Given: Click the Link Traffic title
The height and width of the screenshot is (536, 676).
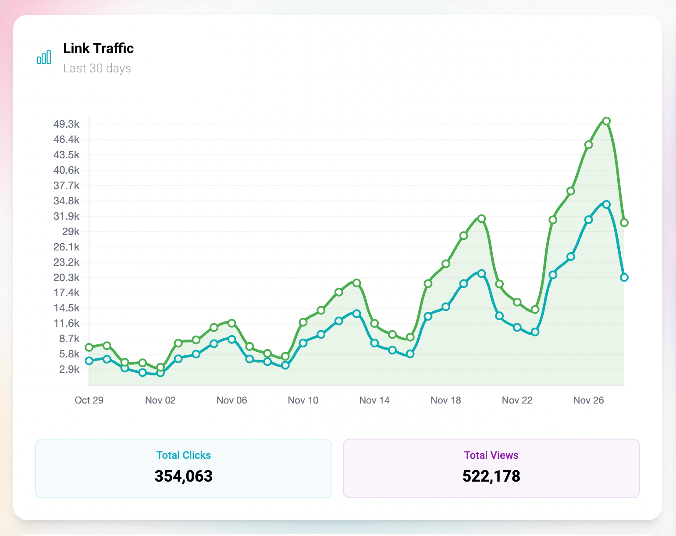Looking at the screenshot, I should [98, 48].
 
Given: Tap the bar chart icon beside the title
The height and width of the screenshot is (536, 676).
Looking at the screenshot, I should [44, 57].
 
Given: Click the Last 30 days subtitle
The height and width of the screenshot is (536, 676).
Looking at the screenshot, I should [97, 68].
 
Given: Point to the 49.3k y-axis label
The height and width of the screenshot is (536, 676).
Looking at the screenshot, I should [67, 124].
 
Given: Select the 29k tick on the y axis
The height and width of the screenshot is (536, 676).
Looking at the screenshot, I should [71, 232].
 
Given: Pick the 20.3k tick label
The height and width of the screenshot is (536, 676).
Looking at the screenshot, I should [67, 278].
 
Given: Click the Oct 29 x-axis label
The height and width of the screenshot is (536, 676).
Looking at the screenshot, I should [89, 400].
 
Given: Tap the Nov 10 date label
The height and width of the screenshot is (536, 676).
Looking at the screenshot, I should [303, 400].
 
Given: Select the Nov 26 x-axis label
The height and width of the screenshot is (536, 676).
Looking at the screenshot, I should [588, 400].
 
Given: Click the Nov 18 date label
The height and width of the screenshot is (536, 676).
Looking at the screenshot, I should [445, 400].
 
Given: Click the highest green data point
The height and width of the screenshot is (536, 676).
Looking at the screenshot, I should [606, 121].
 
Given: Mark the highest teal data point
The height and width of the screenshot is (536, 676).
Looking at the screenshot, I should [606, 204].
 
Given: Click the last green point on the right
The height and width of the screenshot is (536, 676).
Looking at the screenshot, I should [624, 223].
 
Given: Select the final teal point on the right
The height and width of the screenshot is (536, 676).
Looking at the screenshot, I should [624, 277].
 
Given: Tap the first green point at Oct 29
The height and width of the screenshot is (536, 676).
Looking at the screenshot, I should [89, 347].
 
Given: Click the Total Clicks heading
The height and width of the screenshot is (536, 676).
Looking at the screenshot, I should [183, 455].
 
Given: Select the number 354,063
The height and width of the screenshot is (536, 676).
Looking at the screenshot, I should [183, 476].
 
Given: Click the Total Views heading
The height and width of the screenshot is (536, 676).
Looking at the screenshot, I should [491, 455].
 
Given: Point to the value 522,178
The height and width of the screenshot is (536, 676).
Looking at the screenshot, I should [491, 476].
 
